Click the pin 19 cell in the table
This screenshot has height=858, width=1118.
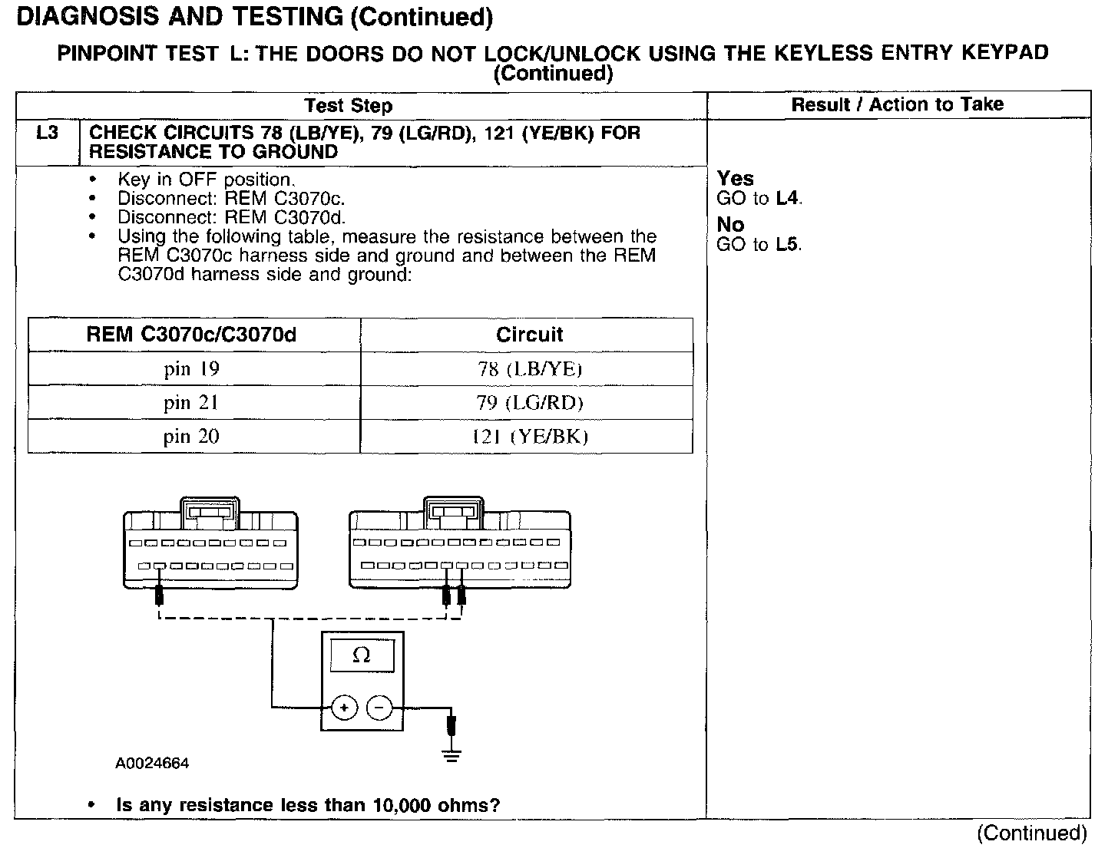tap(191, 369)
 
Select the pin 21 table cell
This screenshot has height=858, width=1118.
tap(191, 403)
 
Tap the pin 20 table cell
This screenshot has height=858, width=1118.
tap(191, 437)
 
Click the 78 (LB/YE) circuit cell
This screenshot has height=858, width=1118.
tap(529, 369)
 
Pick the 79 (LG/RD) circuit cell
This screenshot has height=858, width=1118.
tap(529, 403)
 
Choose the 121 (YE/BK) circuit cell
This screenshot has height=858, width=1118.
tap(529, 437)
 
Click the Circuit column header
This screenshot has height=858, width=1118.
tap(529, 335)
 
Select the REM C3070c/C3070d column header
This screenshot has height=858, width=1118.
tap(191, 335)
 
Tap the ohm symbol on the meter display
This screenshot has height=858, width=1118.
tap(361, 655)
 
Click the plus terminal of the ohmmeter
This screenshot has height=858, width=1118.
tap(344, 707)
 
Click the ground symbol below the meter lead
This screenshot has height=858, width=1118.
tap(451, 755)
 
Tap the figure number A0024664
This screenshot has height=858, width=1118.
tap(152, 764)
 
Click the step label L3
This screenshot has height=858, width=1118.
tap(47, 133)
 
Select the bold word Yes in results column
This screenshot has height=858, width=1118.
tap(735, 178)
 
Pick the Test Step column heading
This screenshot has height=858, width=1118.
tap(348, 106)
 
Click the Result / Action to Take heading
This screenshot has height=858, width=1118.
tap(898, 104)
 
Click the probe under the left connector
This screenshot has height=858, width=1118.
tap(159, 594)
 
